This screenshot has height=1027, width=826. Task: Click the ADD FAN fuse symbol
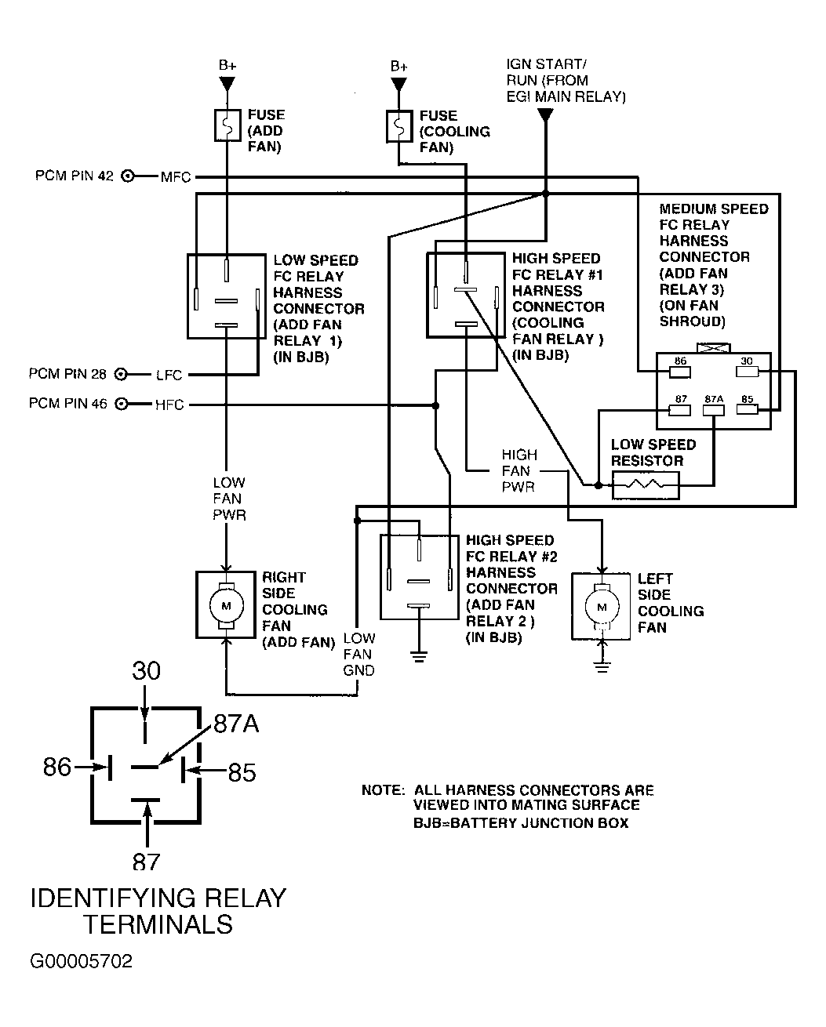pos(227,125)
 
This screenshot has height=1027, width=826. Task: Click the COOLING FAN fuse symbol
pos(399,126)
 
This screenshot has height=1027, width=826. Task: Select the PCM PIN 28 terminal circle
pos(122,375)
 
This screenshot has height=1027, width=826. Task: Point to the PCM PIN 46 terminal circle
pos(122,405)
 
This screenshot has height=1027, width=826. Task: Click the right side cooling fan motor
pos(227,605)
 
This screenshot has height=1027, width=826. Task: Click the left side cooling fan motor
pos(602,608)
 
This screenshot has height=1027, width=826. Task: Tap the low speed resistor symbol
pos(646,485)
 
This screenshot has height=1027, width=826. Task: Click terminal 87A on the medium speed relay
pos(713,408)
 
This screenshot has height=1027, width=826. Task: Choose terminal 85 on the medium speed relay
pos(746,408)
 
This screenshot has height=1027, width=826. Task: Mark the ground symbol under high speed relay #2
pos(420,655)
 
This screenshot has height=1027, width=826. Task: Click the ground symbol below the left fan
pos(602,667)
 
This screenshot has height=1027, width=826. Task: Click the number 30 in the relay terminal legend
pos(146,671)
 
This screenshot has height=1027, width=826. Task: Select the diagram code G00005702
pos(82,962)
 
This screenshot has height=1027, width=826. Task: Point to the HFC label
pos(169,405)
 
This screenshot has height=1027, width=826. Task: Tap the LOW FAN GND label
pos(359,655)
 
